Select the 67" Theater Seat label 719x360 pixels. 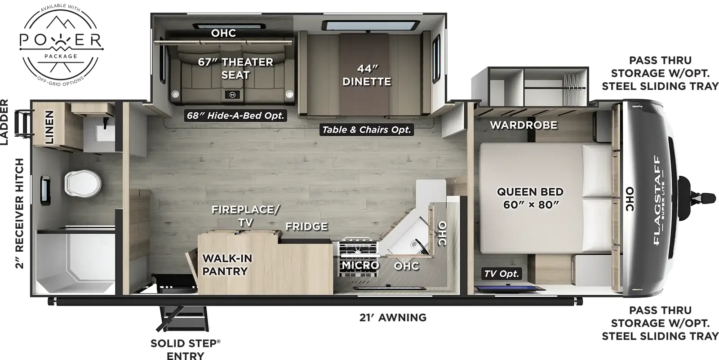235,68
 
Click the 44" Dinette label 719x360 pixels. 367,75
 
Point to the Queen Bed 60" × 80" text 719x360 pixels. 530,198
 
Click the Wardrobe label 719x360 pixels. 524,125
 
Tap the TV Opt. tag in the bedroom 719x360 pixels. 502,273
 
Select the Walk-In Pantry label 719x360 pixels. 227,265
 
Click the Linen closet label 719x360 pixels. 49,127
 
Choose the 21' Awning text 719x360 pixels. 393,318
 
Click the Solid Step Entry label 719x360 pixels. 185,350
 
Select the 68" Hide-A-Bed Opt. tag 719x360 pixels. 236,116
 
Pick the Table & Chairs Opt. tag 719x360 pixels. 366,130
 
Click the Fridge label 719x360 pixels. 306,227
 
